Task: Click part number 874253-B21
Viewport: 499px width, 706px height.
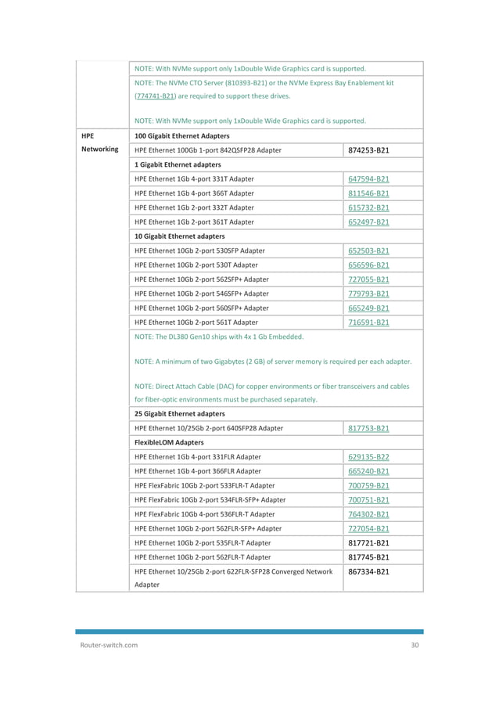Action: pyautogui.click(x=368, y=150)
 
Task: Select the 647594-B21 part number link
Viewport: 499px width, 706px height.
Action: pyautogui.click(x=368, y=179)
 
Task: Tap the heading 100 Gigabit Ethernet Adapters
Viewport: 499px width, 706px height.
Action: pyautogui.click(x=177, y=135)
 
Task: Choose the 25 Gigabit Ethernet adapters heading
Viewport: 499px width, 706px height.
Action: pyautogui.click(x=179, y=413)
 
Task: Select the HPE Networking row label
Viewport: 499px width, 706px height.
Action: pyautogui.click(x=99, y=142)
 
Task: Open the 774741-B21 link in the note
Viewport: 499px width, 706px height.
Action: pyautogui.click(x=154, y=96)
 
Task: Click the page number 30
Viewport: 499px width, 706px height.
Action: pyautogui.click(x=415, y=645)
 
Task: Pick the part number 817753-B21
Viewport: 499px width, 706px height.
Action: pyautogui.click(x=368, y=428)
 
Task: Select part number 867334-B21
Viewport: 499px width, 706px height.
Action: pyautogui.click(x=368, y=571)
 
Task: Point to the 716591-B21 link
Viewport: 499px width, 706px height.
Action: pyautogui.click(x=368, y=322)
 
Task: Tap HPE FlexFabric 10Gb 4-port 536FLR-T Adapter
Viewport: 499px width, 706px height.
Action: pyautogui.click(x=204, y=513)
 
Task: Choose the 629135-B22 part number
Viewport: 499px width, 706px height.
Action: pyautogui.click(x=368, y=456)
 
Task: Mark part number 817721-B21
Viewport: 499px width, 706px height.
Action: pyautogui.click(x=368, y=542)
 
